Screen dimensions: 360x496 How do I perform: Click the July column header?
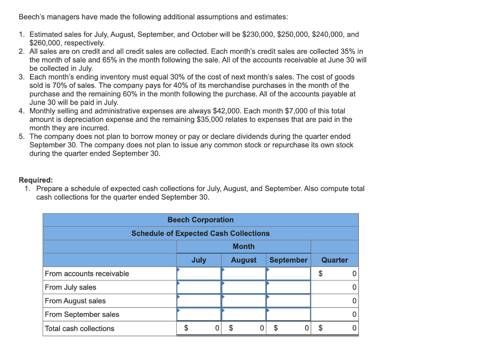199,260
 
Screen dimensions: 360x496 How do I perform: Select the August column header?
244,260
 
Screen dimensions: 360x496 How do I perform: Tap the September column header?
288,260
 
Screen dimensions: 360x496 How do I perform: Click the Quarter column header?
335,260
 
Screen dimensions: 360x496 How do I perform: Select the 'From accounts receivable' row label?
87,274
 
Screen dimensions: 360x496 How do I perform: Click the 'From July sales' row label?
71,287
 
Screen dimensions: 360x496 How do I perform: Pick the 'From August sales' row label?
75,301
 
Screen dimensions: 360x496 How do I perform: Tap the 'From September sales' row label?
82,314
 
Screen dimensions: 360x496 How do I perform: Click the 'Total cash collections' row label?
80,329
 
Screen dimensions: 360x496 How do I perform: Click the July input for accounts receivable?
199,274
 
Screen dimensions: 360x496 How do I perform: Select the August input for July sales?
244,287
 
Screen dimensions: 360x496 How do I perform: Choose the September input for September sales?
288,314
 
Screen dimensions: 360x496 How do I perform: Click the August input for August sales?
244,301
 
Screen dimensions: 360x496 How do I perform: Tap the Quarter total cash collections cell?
335,329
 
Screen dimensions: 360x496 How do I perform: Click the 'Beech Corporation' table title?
201,220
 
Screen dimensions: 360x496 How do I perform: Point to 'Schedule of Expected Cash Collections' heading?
201,234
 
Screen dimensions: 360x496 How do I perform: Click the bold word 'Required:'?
36,180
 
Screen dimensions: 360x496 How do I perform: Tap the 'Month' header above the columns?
244,247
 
